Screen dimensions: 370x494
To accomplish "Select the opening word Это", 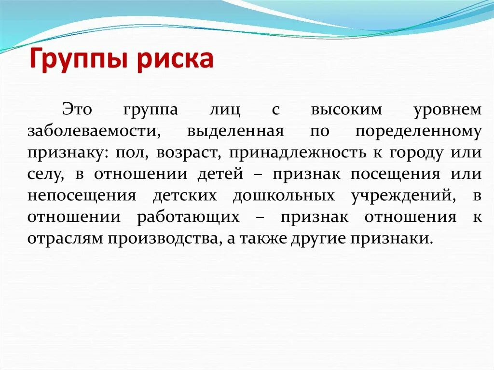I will click(x=76, y=110).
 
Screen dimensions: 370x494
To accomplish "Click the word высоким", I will click(x=346, y=110).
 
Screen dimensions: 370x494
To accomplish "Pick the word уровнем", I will click(x=447, y=110).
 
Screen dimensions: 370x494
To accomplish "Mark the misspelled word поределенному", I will click(x=418, y=131).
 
